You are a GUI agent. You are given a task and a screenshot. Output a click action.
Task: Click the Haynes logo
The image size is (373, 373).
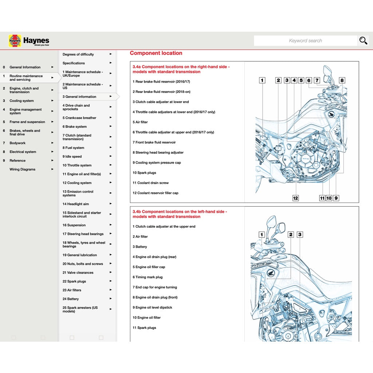(29, 41)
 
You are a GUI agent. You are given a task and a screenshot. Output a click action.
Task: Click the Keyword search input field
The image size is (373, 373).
(305, 41)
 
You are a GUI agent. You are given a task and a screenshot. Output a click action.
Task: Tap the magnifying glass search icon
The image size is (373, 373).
(363, 41)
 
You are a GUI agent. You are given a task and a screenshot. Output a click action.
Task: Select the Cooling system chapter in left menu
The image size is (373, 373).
(21, 101)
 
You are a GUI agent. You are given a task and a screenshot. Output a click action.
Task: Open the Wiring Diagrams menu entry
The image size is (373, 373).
(23, 169)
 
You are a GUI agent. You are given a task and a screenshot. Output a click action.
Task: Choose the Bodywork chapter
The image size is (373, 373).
(17, 143)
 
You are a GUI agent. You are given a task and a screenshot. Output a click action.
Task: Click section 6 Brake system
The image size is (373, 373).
(74, 127)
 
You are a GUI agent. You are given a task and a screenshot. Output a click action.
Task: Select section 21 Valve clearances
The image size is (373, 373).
(78, 273)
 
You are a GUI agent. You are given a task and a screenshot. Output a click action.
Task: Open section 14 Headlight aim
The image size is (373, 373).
(75, 204)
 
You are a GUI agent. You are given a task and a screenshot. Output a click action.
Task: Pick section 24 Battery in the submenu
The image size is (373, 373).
(70, 299)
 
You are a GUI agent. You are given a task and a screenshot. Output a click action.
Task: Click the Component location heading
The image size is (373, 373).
(156, 53)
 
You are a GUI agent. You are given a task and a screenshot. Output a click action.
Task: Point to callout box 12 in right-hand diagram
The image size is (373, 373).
(295, 198)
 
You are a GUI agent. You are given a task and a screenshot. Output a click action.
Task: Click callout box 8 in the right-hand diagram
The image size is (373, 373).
(342, 81)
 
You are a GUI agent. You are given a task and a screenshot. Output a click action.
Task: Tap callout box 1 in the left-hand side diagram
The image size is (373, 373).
(261, 235)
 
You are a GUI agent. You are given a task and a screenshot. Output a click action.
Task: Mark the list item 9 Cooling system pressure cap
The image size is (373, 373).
(157, 163)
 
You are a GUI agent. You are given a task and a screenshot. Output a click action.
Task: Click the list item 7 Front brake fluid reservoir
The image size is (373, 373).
(154, 142)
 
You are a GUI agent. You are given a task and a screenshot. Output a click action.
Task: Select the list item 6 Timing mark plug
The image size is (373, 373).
(148, 277)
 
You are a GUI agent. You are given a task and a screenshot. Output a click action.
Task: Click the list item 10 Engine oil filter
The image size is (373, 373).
(146, 318)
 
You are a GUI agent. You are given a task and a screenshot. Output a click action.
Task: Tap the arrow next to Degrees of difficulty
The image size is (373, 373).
(111, 54)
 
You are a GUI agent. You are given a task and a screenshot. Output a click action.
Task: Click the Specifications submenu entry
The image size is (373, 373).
(74, 63)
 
